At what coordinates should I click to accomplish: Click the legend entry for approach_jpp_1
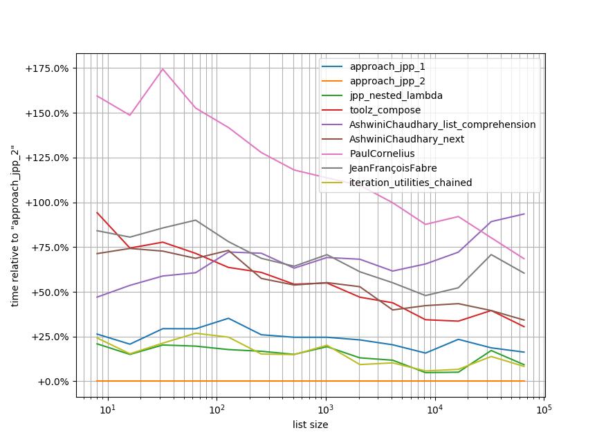(387, 66)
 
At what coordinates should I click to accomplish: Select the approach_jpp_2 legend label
(387, 81)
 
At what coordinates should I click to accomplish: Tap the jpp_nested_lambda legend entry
(396, 95)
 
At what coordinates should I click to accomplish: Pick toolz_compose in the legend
(385, 110)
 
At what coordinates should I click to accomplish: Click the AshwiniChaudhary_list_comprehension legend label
(442, 124)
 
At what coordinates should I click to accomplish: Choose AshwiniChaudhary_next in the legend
(407, 139)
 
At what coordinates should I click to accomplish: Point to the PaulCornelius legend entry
(382, 154)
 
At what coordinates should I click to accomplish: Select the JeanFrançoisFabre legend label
(393, 168)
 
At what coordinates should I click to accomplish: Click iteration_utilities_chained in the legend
(411, 183)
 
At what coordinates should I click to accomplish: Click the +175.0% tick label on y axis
(47, 68)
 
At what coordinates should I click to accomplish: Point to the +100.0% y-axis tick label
(47, 203)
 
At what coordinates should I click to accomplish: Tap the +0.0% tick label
(53, 382)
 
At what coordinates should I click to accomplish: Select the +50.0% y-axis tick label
(50, 292)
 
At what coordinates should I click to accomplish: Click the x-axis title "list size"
(310, 425)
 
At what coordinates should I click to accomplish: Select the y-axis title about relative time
(15, 226)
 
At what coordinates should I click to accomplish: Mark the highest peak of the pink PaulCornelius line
(163, 68)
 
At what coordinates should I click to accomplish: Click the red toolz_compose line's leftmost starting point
(97, 212)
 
